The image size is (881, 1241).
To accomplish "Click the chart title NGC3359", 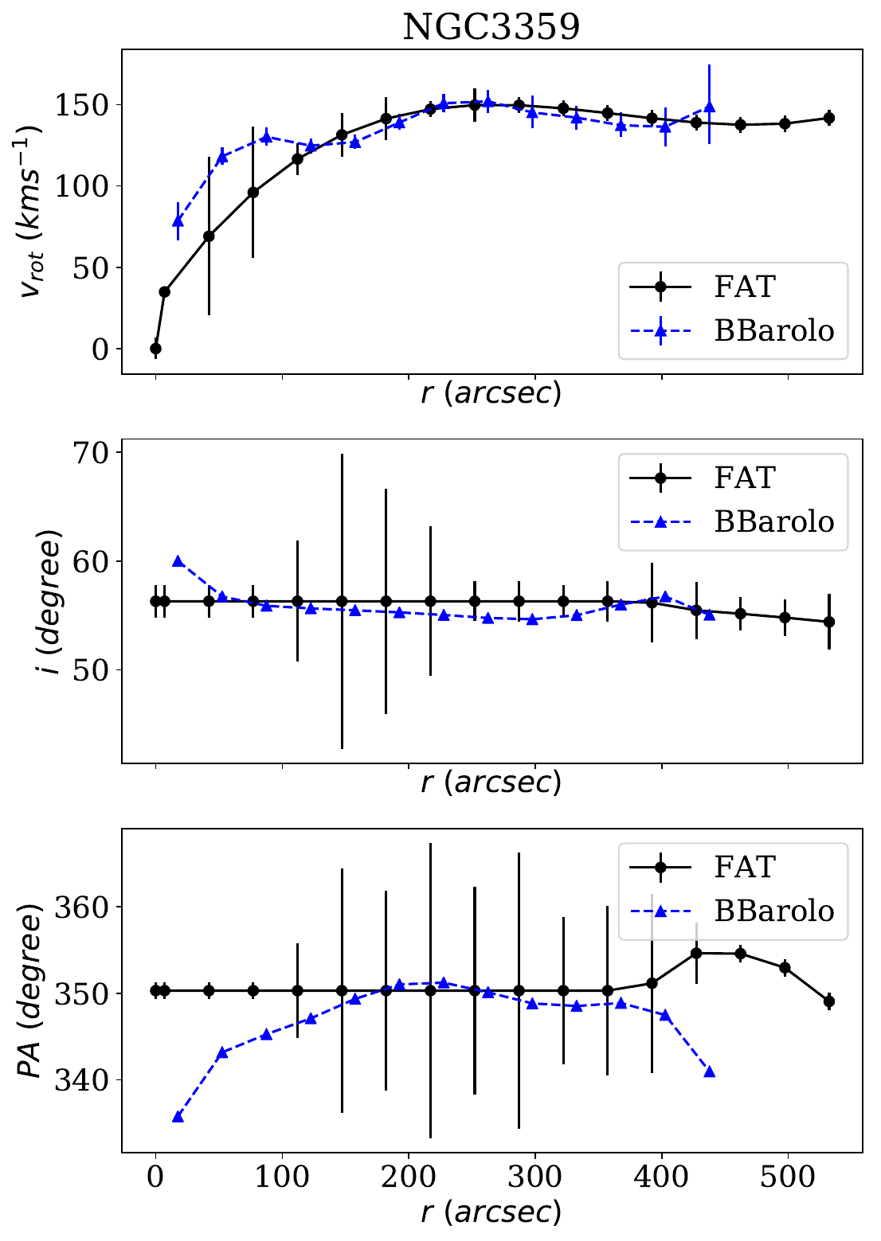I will tap(491, 27).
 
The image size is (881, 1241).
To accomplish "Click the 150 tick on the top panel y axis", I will tap(83, 105).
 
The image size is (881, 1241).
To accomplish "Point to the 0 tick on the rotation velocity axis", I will tap(100, 349).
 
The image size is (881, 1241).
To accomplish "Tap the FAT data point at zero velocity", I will tap(155, 349).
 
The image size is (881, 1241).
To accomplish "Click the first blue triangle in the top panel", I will tap(178, 221).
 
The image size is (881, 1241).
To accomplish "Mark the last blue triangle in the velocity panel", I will tap(709, 107).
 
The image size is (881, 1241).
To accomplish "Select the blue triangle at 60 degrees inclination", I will tap(178, 561).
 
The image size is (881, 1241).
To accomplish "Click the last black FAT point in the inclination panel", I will tap(828, 622).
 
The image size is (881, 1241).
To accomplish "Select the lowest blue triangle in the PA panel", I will tap(178, 1117).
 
